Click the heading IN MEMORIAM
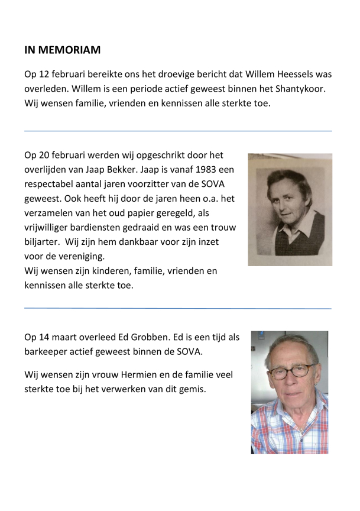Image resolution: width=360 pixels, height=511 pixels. pyautogui.click(x=62, y=50)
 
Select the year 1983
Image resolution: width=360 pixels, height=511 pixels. pyautogui.click(x=191, y=170)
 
